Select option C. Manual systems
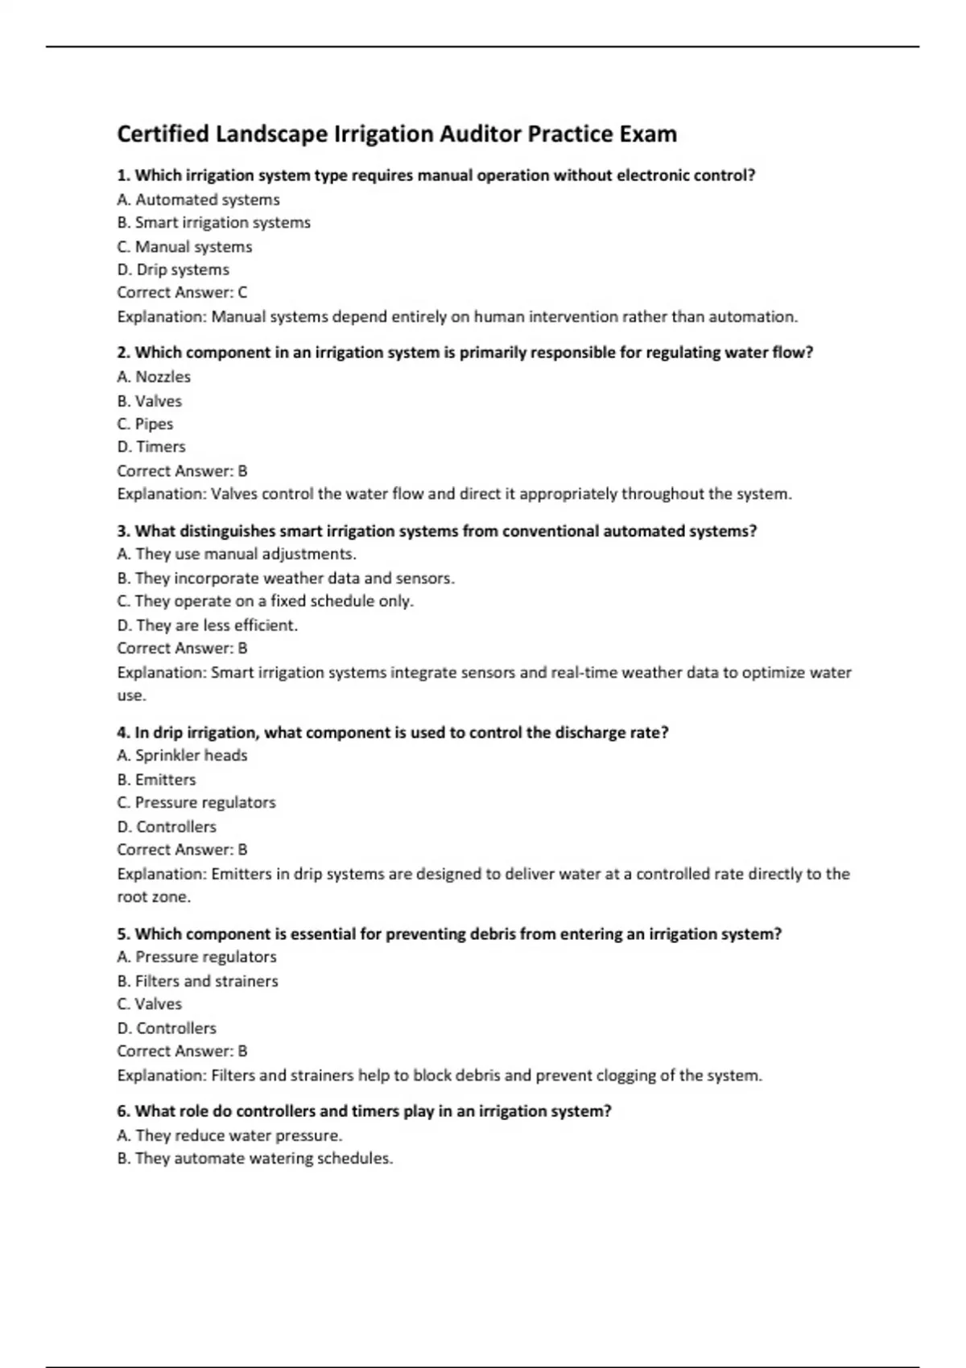click(184, 246)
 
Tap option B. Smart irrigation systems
click(213, 222)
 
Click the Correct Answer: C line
click(182, 292)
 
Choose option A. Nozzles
click(154, 377)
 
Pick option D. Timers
click(151, 447)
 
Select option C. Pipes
click(145, 423)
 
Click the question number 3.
click(123, 531)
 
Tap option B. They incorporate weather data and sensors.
click(286, 578)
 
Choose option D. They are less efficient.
click(208, 624)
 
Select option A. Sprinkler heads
click(182, 755)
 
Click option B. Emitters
click(156, 779)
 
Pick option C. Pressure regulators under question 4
click(196, 802)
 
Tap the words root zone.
click(154, 896)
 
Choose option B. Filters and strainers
click(197, 981)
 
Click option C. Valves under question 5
click(150, 1003)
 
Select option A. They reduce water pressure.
click(229, 1135)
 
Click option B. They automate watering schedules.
click(255, 1159)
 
